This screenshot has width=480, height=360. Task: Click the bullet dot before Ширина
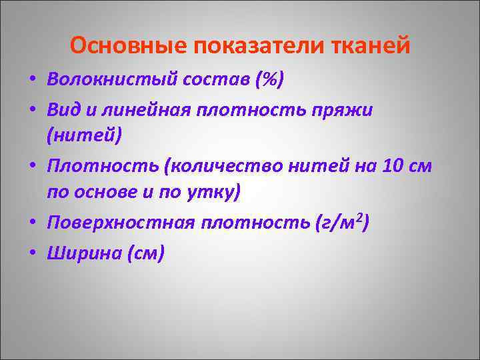point(32,254)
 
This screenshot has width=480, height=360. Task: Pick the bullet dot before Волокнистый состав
point(32,81)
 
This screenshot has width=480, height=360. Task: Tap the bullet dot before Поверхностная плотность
point(32,223)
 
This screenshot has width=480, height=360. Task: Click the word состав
point(213,80)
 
